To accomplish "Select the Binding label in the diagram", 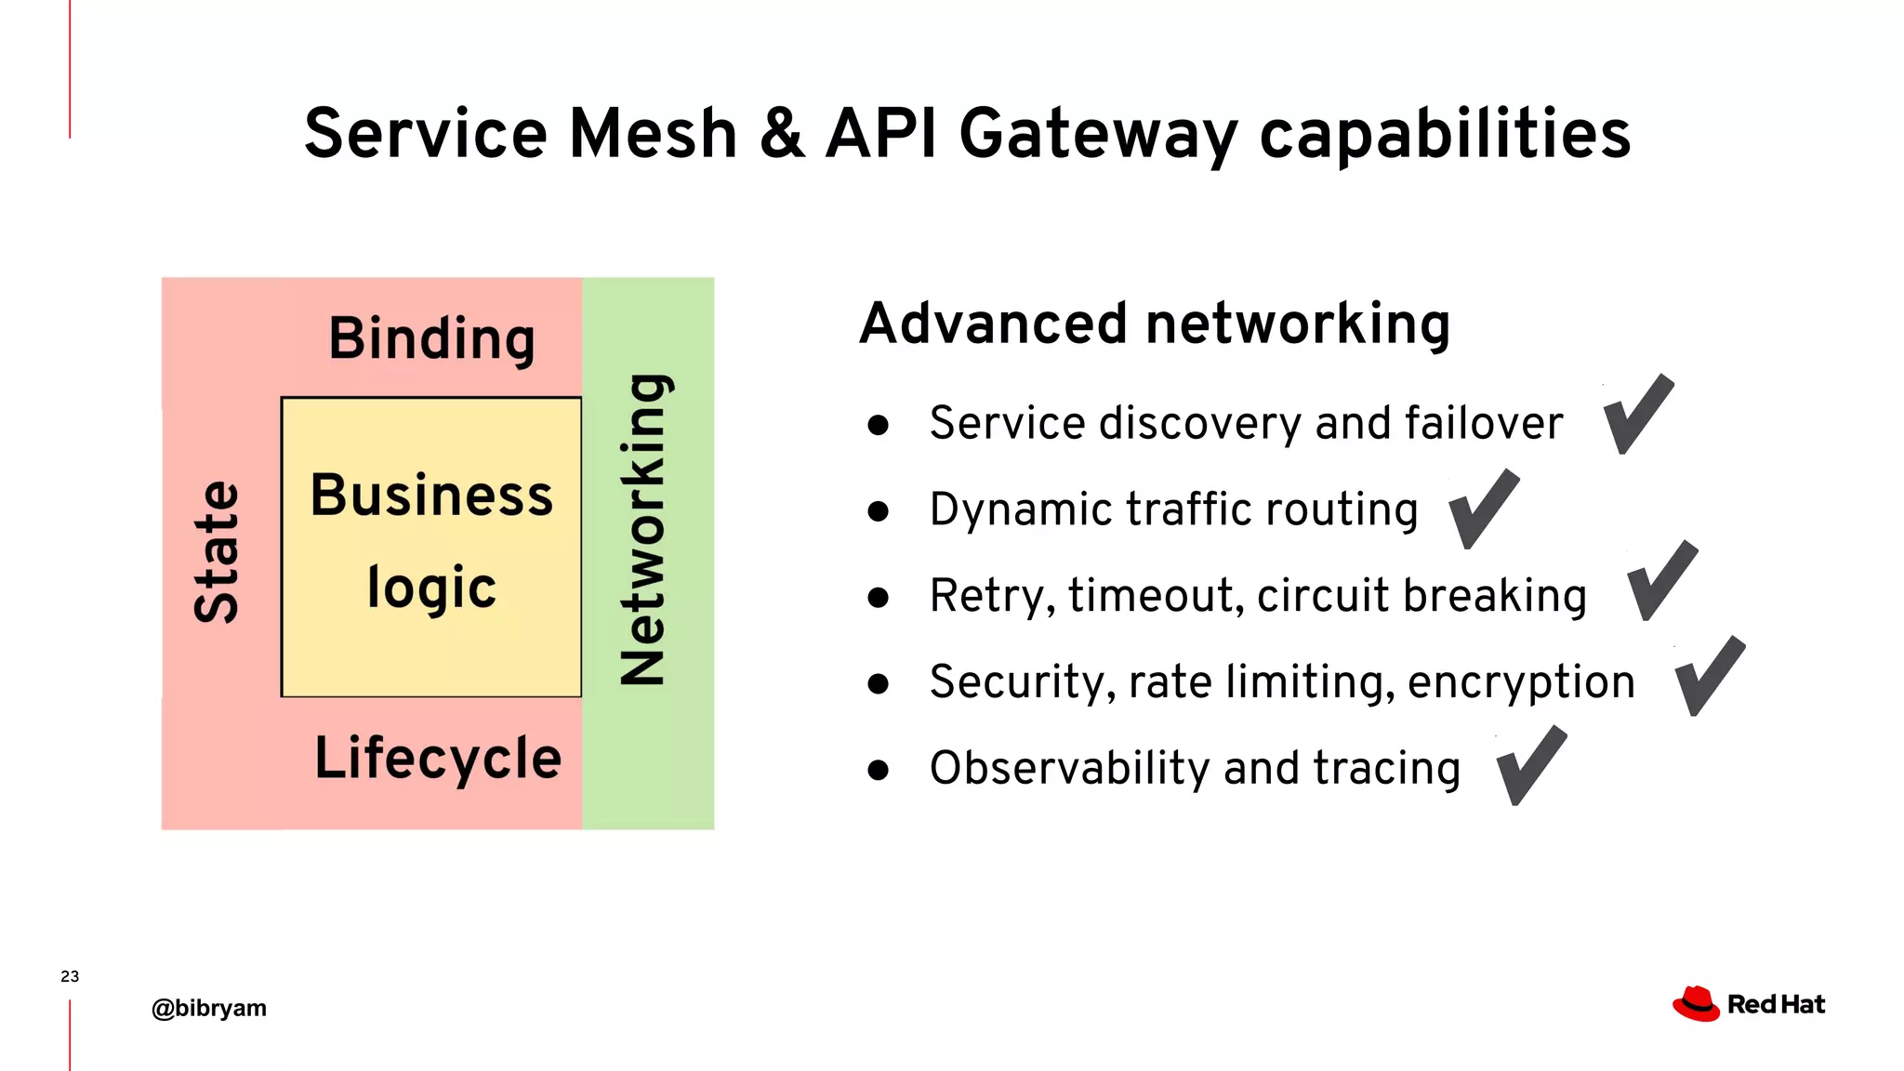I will pyautogui.click(x=432, y=338).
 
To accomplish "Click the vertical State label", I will pyautogui.click(x=217, y=551).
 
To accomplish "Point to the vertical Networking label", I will pyautogui.click(x=643, y=530).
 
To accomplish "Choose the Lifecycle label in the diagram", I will pyautogui.click(x=438, y=759).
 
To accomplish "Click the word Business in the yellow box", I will pyautogui.click(x=431, y=495).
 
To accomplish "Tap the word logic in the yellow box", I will pyautogui.click(x=431, y=588).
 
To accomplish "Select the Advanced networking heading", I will pyautogui.click(x=1155, y=324).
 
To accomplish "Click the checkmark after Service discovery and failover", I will pyautogui.click(x=1638, y=416).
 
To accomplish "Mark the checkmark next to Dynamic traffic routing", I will pyautogui.click(x=1484, y=510).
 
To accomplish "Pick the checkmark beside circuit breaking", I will pyautogui.click(x=1662, y=582).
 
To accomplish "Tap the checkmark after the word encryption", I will pyautogui.click(x=1710, y=678).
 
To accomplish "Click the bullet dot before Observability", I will pyautogui.click(x=878, y=770).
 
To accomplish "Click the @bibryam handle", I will pyautogui.click(x=209, y=1008).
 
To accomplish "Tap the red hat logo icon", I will pyautogui.click(x=1696, y=1004).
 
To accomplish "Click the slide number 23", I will pyautogui.click(x=70, y=976).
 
